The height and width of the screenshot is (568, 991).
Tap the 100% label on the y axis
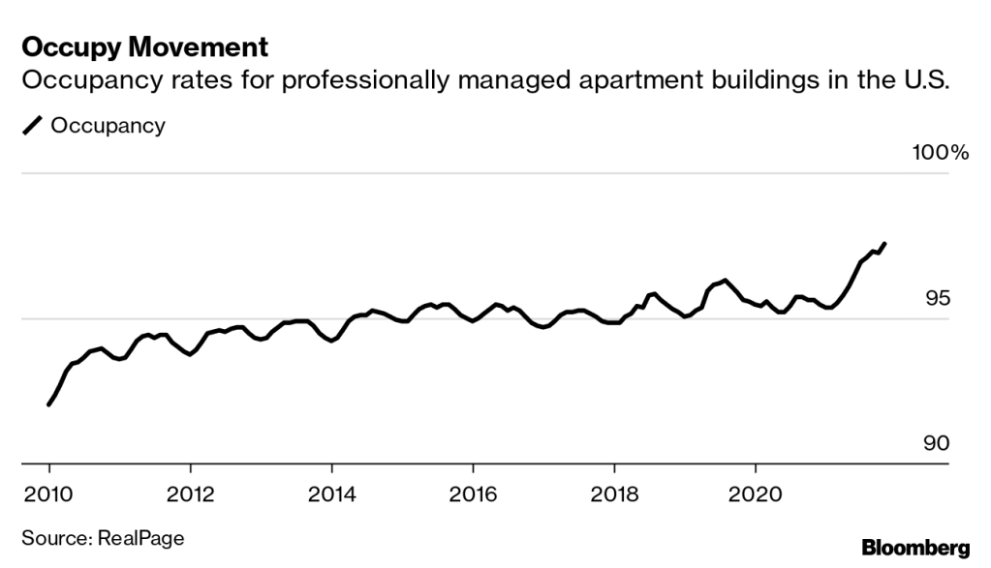click(939, 153)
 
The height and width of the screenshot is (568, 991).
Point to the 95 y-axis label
click(938, 299)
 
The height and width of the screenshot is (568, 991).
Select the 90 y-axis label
click(937, 444)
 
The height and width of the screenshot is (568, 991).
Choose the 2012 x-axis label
click(190, 491)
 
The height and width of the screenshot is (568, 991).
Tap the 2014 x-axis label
click(331, 491)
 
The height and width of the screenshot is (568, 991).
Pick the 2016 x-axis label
click(473, 491)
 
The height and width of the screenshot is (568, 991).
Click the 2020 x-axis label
click(756, 491)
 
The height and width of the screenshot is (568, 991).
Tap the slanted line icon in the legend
click(32, 126)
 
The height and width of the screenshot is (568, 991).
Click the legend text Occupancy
click(108, 126)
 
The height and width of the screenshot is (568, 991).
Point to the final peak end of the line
click(884, 244)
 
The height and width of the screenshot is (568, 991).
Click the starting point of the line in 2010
click(48, 404)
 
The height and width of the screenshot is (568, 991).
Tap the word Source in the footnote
click(51, 538)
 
